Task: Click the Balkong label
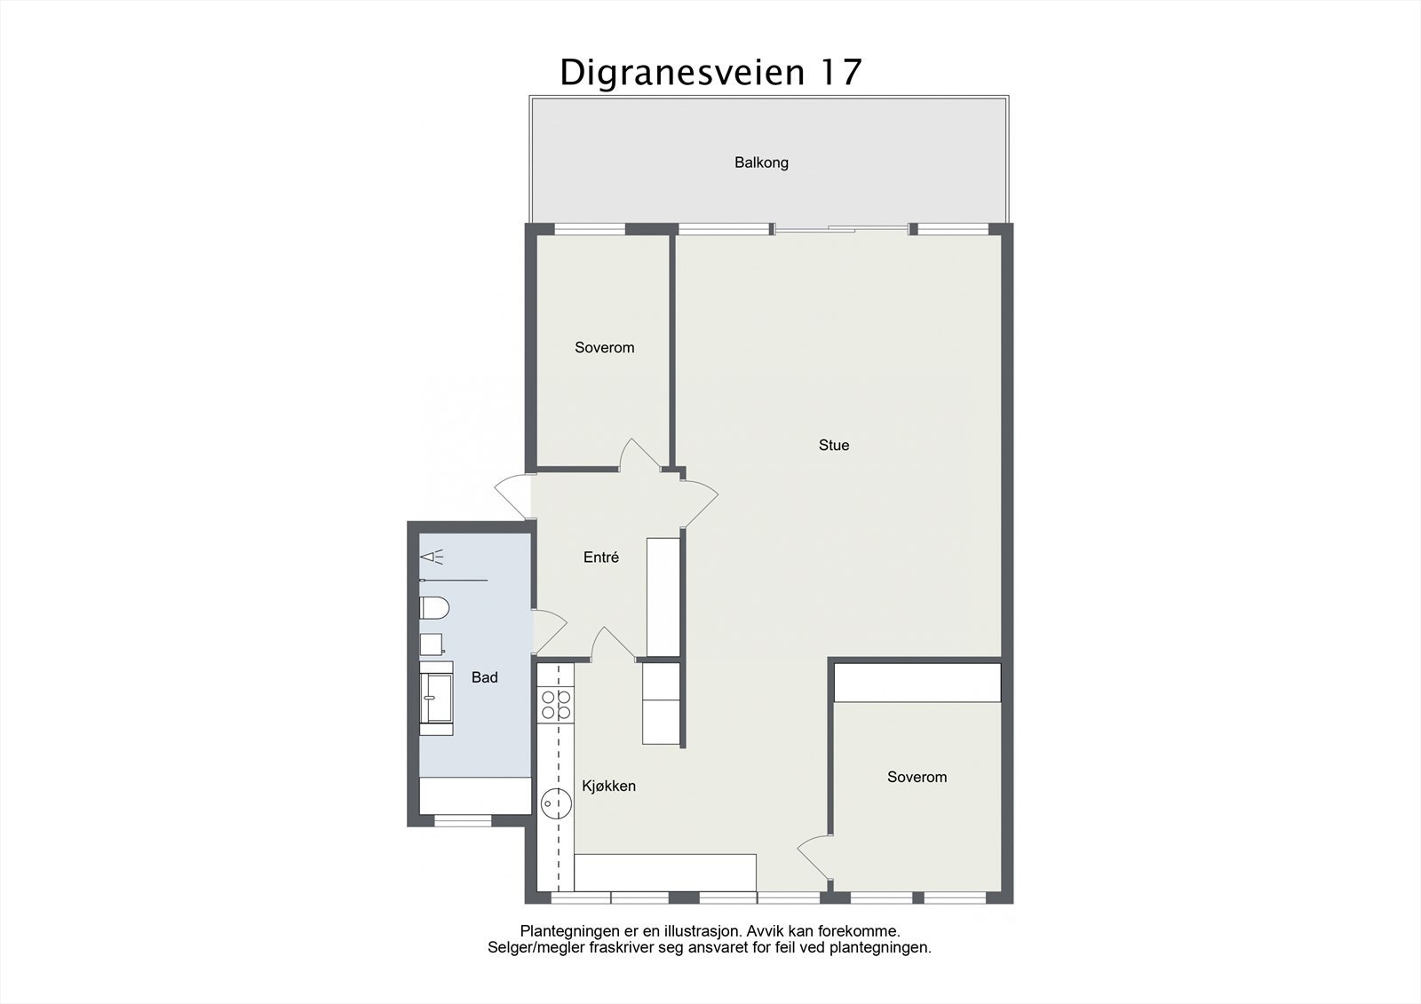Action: (761, 162)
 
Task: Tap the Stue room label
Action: (833, 446)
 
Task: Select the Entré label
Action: (600, 557)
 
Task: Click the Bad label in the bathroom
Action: (484, 677)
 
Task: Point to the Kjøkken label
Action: (608, 786)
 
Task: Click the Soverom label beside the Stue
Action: (604, 348)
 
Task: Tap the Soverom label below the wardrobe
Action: (917, 777)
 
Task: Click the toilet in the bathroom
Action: (433, 608)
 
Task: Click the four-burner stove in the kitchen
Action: (556, 704)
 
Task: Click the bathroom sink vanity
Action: (436, 698)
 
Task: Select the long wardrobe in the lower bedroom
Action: (917, 682)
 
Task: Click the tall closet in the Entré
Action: (663, 597)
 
